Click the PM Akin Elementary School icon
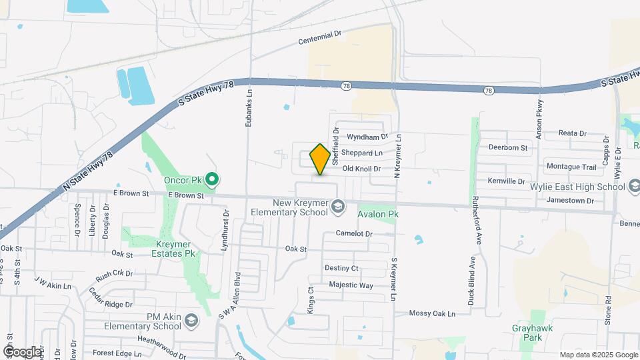pyautogui.click(x=191, y=321)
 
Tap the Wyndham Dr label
pyautogui.click(x=367, y=137)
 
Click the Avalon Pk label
pyautogui.click(x=377, y=215)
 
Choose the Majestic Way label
pyautogui.click(x=351, y=285)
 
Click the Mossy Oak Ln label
pyautogui.click(x=431, y=313)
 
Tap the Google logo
pyautogui.click(x=22, y=352)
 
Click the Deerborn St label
pyautogui.click(x=507, y=147)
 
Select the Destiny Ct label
pyautogui.click(x=341, y=268)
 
